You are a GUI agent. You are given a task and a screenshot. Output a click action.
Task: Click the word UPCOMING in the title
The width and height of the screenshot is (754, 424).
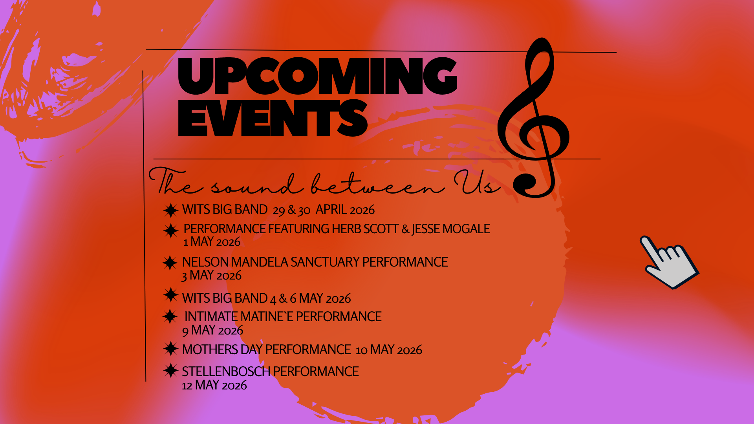[x=317, y=76]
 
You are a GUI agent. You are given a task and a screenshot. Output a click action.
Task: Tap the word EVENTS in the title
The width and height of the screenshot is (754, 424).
[x=273, y=118]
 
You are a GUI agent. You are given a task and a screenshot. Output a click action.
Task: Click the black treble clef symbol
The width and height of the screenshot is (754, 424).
[x=534, y=118]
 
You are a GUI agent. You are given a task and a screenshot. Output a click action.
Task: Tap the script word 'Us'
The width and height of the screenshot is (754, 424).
[x=476, y=183]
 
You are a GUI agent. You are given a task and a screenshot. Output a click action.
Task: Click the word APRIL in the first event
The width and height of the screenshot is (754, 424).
[x=331, y=210]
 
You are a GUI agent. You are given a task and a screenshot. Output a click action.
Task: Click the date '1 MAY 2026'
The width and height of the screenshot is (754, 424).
[x=212, y=242]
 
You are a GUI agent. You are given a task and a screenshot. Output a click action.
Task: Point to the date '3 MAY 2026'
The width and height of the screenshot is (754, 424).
[x=211, y=276]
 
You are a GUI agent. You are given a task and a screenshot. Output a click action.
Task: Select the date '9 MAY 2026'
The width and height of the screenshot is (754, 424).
[x=212, y=331]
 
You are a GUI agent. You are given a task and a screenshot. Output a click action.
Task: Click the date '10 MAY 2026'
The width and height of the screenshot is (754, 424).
[x=389, y=350]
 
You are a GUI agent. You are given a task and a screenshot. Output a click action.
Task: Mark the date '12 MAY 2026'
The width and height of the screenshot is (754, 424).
[x=214, y=386]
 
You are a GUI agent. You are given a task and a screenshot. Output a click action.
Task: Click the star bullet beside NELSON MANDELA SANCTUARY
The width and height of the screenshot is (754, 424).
[x=170, y=263]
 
